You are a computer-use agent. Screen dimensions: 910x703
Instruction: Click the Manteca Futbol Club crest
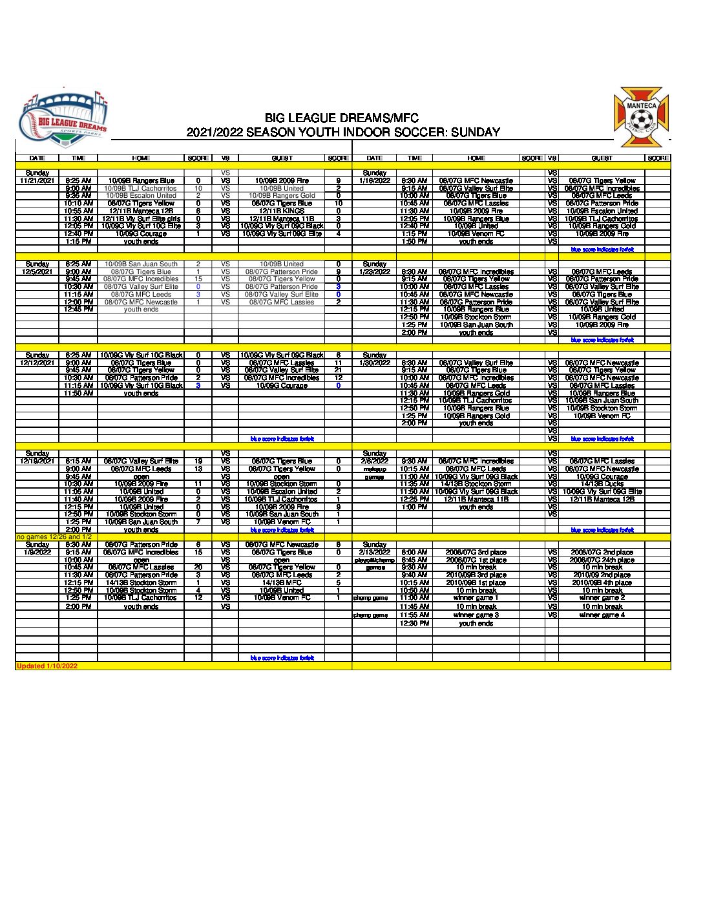(x=640, y=118)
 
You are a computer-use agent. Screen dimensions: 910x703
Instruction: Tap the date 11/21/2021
(x=37, y=181)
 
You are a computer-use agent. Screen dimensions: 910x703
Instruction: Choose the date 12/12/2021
(x=37, y=363)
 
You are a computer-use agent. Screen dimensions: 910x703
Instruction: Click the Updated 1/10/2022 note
(x=47, y=666)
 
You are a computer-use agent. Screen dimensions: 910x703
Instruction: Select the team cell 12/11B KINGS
(x=282, y=211)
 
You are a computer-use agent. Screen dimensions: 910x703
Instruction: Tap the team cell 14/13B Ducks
(x=602, y=484)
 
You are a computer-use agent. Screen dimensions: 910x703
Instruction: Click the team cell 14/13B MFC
(x=282, y=583)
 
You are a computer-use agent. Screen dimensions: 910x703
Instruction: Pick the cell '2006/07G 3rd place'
(x=476, y=553)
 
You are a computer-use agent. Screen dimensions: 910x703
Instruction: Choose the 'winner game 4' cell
(x=602, y=615)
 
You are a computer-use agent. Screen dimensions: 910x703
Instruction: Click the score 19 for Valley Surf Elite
(x=198, y=461)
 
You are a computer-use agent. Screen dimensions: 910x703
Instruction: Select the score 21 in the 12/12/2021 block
(x=338, y=370)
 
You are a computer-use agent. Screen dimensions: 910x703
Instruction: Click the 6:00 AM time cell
(x=414, y=553)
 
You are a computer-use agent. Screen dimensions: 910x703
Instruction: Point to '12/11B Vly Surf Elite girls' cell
(x=141, y=219)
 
